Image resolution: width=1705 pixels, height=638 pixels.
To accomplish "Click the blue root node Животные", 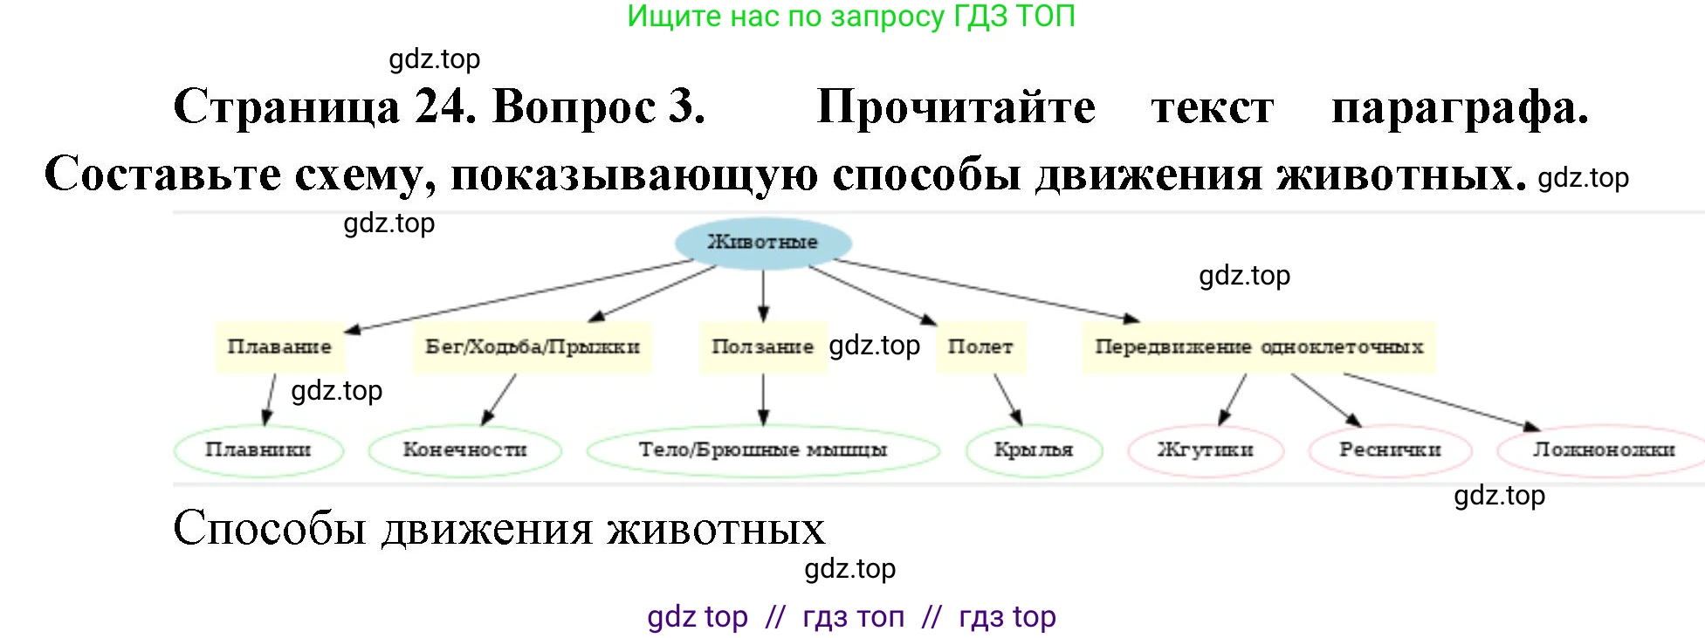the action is tap(763, 242).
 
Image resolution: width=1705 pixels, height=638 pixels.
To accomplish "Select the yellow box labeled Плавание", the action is tap(279, 346).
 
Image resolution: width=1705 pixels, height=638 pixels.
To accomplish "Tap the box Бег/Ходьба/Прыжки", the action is tap(533, 346).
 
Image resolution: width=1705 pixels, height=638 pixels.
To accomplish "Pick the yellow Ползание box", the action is tap(763, 346).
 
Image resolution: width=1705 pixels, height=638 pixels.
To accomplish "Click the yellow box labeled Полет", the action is tap(980, 346).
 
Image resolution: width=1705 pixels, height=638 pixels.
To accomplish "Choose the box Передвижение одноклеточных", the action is tap(1259, 346).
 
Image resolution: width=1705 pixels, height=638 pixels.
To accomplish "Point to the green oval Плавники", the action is tap(258, 450).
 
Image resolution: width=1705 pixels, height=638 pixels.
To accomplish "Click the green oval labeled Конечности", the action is tap(464, 450).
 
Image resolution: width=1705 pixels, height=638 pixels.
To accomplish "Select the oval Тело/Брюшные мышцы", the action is tap(763, 450).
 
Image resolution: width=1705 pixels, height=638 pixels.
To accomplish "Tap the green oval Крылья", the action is tap(1034, 450).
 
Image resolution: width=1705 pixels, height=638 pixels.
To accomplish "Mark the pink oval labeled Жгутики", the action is tap(1206, 450).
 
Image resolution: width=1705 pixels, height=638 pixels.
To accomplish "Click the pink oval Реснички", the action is tap(1390, 450).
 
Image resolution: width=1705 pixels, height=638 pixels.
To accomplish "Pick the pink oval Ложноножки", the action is tap(1603, 450).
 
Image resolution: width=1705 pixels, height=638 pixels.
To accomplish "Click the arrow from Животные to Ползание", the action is tap(763, 296).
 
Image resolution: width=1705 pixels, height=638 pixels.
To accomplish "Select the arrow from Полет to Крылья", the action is tap(1007, 400).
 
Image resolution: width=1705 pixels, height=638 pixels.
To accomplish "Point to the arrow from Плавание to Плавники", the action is tap(270, 400).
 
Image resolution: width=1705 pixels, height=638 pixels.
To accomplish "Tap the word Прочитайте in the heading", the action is tap(956, 107).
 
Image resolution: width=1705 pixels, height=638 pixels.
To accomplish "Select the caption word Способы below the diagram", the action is tap(269, 529).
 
